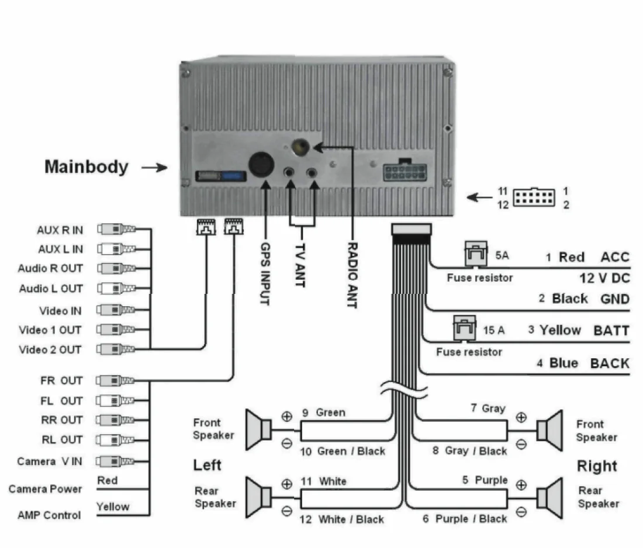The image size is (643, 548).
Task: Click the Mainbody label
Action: (x=86, y=167)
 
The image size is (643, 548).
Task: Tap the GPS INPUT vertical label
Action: (x=265, y=273)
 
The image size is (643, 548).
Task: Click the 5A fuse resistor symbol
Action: (x=473, y=254)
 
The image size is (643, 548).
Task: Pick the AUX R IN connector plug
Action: (x=116, y=230)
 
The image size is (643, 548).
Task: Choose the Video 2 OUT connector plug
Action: (x=116, y=349)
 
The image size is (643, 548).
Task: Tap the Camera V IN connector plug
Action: (x=116, y=461)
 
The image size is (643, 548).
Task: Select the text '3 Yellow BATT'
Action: (x=578, y=330)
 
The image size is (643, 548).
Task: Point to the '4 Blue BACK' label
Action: (x=583, y=363)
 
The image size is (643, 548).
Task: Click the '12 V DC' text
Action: (x=604, y=278)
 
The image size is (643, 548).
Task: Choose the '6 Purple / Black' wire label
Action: (x=465, y=519)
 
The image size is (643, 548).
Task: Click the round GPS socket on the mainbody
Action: (x=261, y=164)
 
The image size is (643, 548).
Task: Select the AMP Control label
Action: (x=49, y=515)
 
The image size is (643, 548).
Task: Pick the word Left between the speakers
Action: (x=208, y=465)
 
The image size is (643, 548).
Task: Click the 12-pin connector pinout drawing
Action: (x=534, y=197)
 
